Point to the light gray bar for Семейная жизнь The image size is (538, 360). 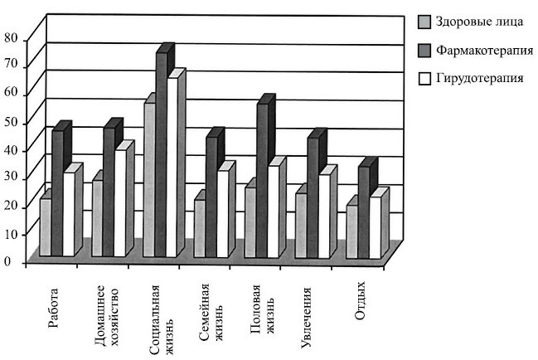[x=199, y=227]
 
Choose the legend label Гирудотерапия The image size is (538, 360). [x=480, y=79]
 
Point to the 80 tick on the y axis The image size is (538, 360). [x=11, y=38]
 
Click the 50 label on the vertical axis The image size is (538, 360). [x=11, y=123]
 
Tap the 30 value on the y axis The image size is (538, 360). [x=11, y=178]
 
